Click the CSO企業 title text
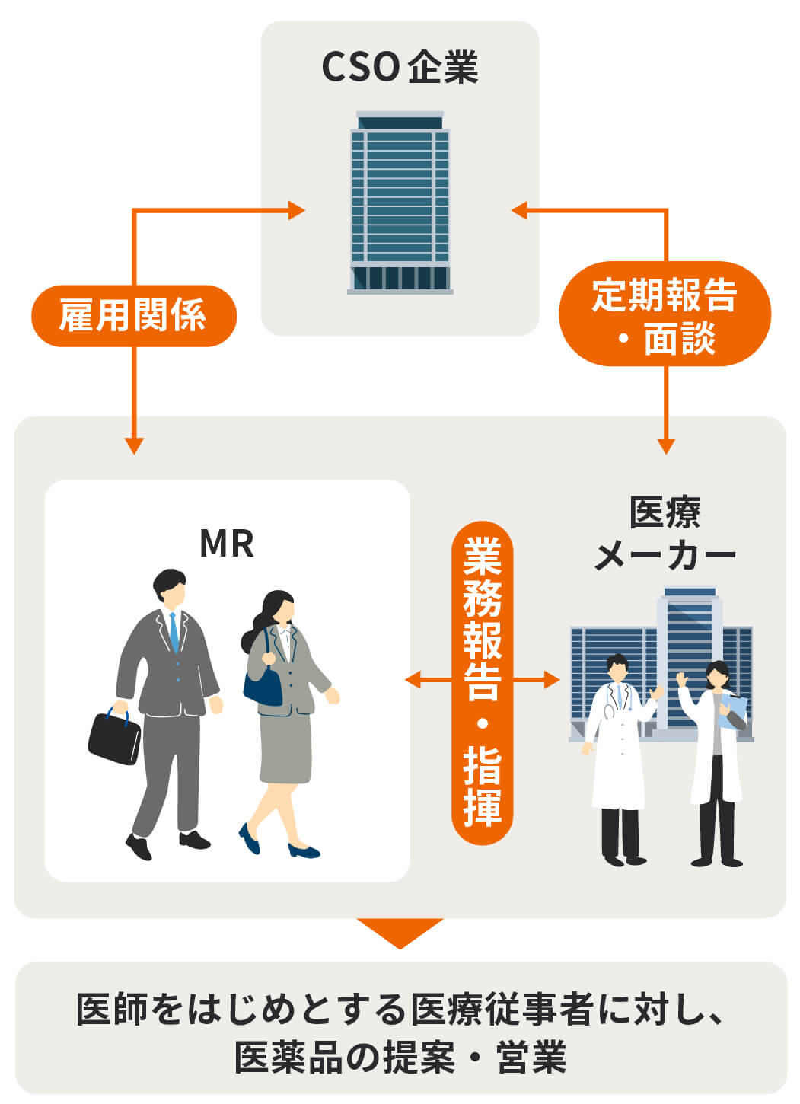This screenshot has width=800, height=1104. (x=400, y=68)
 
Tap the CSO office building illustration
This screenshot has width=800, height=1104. (x=400, y=203)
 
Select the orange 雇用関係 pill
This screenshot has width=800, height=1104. (x=134, y=316)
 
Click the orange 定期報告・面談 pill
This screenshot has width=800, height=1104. (x=665, y=314)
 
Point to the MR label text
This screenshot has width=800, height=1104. (x=227, y=543)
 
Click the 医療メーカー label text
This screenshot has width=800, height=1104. (x=665, y=533)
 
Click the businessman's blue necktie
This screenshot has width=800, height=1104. (x=174, y=633)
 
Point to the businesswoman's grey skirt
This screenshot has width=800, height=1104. (x=285, y=748)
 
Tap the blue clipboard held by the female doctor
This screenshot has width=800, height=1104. (x=732, y=712)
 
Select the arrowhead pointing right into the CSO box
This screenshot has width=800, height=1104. (x=297, y=210)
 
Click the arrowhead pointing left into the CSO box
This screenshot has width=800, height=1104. (x=520, y=210)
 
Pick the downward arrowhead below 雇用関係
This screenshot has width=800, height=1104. (x=134, y=445)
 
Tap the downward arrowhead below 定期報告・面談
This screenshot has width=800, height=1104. (x=666, y=445)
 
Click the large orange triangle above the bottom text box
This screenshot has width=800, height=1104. (x=400, y=930)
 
